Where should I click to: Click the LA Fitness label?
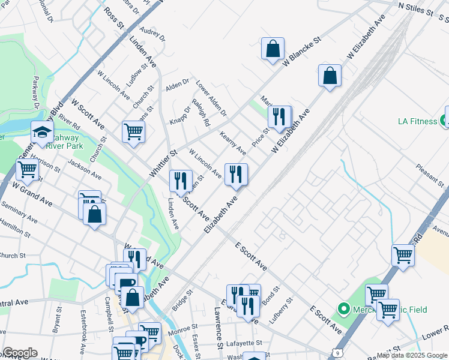417,121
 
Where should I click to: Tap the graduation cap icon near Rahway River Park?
42,133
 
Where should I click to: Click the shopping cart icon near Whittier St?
133,131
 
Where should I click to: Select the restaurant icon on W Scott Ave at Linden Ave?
180,181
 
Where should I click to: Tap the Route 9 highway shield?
340,353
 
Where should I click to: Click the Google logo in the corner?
20,352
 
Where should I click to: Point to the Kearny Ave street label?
233,142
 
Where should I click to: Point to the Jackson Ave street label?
84,169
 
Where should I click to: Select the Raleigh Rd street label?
201,113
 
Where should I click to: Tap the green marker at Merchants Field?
344,310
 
